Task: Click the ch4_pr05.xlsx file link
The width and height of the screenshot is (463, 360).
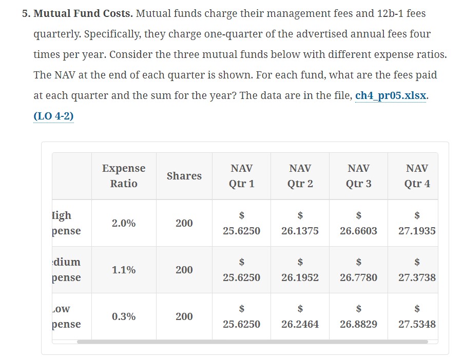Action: click(x=390, y=96)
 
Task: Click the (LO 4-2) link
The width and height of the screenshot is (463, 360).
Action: click(x=53, y=116)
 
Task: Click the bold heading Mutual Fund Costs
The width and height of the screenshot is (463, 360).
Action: click(x=83, y=13)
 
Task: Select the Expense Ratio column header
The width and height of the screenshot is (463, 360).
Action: click(x=124, y=176)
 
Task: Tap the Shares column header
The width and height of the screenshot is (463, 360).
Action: click(x=184, y=176)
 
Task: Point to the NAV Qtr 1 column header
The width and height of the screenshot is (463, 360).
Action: click(x=241, y=176)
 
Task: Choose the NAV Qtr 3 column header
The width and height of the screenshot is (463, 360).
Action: click(x=358, y=176)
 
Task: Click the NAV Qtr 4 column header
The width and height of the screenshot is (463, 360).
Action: click(x=417, y=176)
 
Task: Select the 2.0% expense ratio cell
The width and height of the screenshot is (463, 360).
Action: click(x=124, y=223)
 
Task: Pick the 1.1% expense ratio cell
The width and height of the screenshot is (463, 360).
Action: click(x=124, y=270)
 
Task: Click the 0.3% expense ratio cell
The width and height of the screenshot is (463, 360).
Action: click(x=124, y=316)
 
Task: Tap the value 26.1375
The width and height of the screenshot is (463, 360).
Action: click(x=300, y=231)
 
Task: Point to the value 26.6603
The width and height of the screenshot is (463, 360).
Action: click(x=358, y=231)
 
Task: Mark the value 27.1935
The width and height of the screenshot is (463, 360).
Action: click(x=417, y=231)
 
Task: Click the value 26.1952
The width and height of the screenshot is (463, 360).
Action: click(x=300, y=277)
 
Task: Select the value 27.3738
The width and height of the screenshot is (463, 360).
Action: click(x=417, y=277)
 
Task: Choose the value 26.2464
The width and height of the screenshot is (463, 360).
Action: click(x=300, y=324)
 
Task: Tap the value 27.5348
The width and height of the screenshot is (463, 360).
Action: click(x=417, y=324)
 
